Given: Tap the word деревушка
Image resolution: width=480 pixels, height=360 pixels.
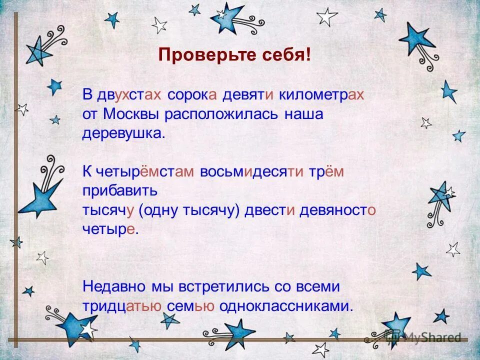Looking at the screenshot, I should (123, 134).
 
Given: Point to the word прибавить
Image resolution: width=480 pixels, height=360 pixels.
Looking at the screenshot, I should (120, 191).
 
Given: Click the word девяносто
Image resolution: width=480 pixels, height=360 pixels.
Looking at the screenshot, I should (337, 211).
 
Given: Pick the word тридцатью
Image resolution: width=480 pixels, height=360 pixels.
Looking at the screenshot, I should (121, 306).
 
